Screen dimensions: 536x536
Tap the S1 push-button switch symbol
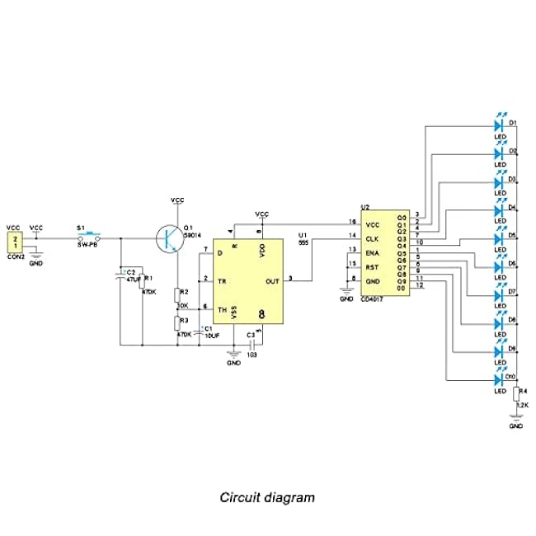coord(88,238)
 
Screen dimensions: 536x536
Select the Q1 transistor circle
coord(171,239)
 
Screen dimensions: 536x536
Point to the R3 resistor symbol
coord(176,321)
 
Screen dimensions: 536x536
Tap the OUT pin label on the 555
coord(273,280)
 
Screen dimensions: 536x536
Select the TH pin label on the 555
coord(221,309)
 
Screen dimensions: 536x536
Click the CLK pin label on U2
coord(373,237)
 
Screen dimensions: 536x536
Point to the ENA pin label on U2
coord(373,252)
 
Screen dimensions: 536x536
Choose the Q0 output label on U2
coord(402,217)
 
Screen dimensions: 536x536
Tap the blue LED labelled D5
coord(499,238)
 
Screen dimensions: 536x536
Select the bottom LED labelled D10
coord(499,380)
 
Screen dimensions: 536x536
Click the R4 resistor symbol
coord(516,394)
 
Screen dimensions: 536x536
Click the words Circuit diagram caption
coord(266,497)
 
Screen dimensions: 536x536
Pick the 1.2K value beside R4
coord(522,406)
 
